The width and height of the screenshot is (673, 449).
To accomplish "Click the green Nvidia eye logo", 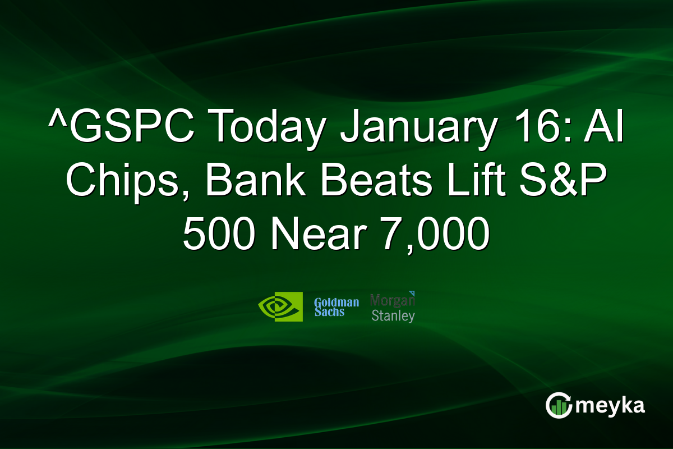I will point(280,306).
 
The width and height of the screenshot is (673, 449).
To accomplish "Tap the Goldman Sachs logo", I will point(336,306).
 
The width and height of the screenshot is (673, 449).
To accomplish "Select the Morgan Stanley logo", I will point(393,307).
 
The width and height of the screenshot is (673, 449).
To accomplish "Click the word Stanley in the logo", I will point(393,315).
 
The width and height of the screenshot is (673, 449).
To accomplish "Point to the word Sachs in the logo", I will point(329,312).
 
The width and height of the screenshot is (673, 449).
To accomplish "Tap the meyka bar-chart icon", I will point(557,405).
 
